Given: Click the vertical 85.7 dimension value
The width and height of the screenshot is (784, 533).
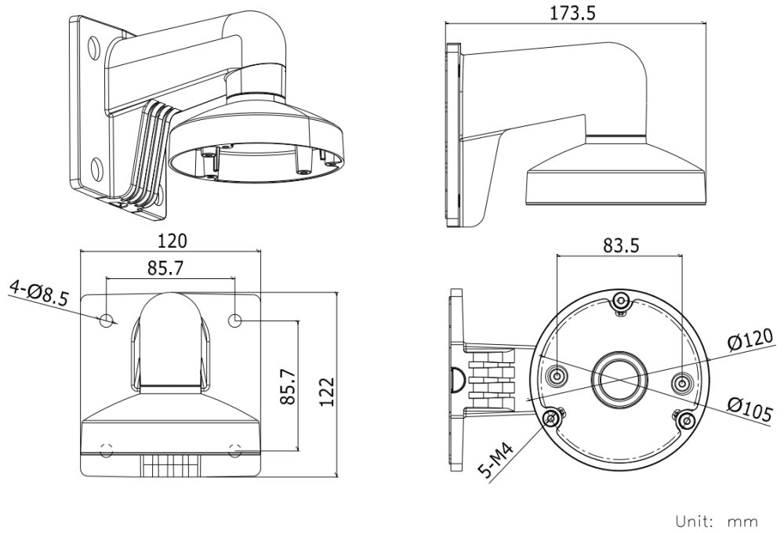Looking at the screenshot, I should (288, 383).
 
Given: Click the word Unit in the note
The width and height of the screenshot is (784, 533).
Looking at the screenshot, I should (694, 520).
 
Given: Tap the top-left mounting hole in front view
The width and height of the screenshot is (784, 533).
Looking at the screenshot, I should (107, 320).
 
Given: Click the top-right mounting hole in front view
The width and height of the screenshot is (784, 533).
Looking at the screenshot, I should (235, 320).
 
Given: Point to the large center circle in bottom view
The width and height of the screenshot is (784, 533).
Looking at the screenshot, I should (619, 379).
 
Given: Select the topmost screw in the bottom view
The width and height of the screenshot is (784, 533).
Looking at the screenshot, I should (620, 301).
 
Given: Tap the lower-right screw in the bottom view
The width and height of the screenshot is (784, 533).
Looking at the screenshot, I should (687, 420).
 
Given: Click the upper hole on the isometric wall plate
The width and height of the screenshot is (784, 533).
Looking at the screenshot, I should (94, 48).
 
